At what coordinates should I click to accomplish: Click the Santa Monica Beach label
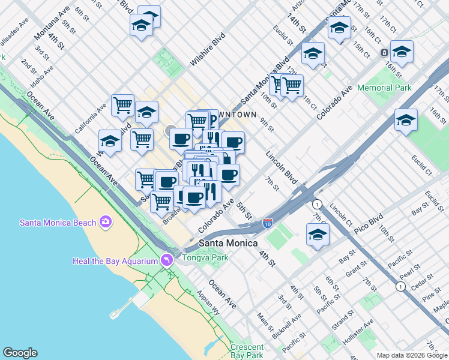(x=58, y=223)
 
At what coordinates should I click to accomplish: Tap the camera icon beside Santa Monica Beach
(x=106, y=223)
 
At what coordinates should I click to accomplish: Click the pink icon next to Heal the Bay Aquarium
(x=166, y=260)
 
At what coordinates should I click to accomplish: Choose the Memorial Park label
(x=384, y=88)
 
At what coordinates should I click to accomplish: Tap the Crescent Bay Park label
(x=247, y=352)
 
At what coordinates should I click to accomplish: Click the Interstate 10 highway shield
(x=268, y=224)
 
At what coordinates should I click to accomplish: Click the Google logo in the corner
(x=20, y=353)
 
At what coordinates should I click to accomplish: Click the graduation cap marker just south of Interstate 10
(x=318, y=235)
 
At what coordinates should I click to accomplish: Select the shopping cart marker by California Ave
(x=122, y=105)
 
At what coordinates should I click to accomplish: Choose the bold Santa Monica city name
(x=228, y=243)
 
